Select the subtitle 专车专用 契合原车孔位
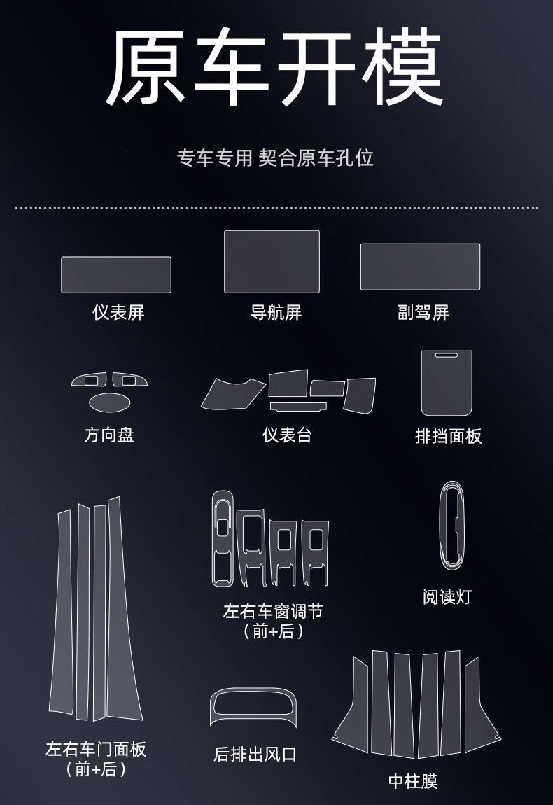tap(276, 157)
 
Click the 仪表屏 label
tap(118, 312)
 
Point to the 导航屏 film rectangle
tap(272, 261)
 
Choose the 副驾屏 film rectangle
tap(420, 267)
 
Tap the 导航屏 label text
tap(276, 312)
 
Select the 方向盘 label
tap(108, 435)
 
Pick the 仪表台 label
tap(287, 435)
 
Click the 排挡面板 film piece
tap(447, 384)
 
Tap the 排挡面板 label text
tap(449, 436)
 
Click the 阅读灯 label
tap(447, 597)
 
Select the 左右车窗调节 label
tap(273, 611)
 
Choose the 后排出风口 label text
tap(255, 755)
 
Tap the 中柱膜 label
tap(413, 781)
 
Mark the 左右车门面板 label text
tap(96, 750)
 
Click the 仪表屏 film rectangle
tap(116, 274)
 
